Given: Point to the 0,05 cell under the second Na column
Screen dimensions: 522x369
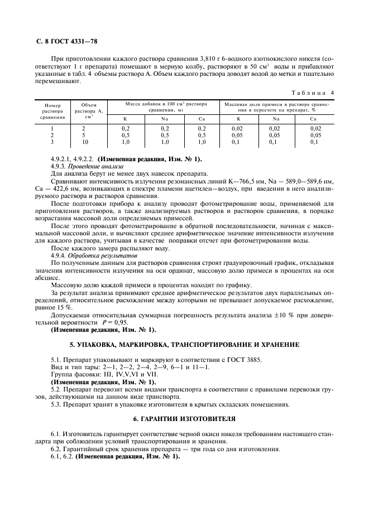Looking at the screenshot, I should pyautogui.click(x=276, y=135).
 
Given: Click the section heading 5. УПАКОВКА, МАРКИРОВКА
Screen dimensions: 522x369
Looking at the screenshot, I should pyautogui.click(x=184, y=345).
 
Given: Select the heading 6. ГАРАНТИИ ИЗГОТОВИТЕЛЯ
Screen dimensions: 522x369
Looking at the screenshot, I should pyautogui.click(x=184, y=418).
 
